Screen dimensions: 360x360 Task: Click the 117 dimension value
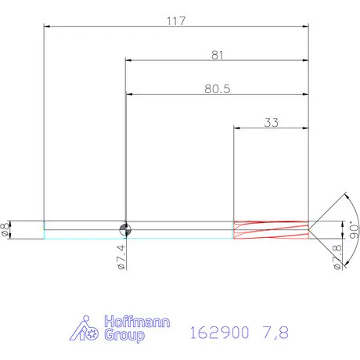[x=175, y=21]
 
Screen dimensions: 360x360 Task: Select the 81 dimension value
[x=217, y=55]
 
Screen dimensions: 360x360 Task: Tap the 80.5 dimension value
[x=216, y=88]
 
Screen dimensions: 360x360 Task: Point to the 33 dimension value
[x=272, y=122]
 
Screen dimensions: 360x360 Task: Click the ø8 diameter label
[x=7, y=229]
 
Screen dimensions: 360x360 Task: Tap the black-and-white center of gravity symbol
[x=124, y=229]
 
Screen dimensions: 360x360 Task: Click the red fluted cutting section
[x=271, y=229]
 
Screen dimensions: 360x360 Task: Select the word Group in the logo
[x=124, y=337]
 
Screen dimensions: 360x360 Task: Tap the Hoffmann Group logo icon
[x=88, y=329]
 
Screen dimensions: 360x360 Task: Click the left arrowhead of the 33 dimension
[x=238, y=128]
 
